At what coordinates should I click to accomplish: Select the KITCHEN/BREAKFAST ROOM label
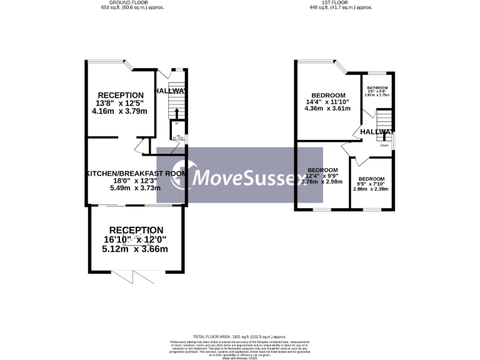point(136,173)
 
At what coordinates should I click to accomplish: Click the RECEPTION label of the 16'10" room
point(136,230)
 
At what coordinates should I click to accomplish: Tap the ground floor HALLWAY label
point(170,91)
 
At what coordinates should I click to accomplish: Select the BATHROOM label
point(377,87)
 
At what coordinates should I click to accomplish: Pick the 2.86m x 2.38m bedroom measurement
point(371,189)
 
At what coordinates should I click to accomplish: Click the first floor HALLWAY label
point(376,132)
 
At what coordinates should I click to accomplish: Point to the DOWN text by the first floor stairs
point(384,145)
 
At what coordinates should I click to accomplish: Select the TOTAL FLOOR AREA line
point(240,337)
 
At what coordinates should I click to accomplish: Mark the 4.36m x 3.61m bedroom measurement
point(327,108)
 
